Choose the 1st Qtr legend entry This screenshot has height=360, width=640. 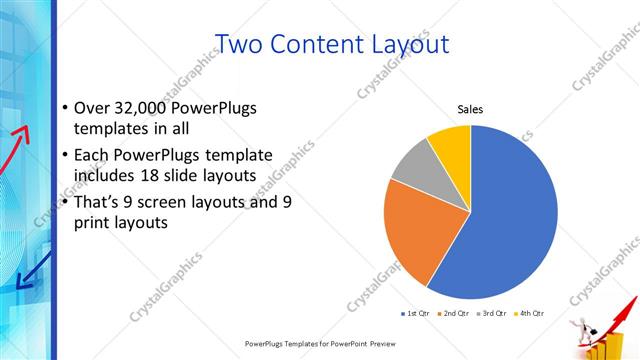click(x=416, y=314)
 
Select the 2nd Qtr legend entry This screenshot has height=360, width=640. click(x=456, y=314)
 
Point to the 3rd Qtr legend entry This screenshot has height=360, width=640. click(x=493, y=314)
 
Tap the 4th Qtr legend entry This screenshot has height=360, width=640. click(x=530, y=314)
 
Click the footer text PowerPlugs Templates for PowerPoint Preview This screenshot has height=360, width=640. click(x=319, y=343)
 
